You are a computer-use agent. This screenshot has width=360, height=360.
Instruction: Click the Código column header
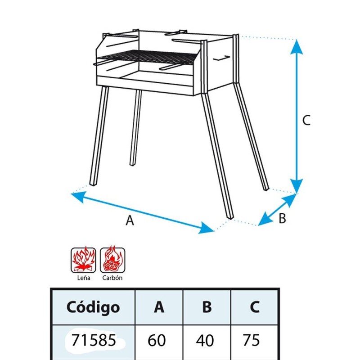[93, 307]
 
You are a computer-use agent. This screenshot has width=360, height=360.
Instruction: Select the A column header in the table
[159, 307]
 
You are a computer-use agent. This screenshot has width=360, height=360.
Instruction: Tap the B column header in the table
[207, 307]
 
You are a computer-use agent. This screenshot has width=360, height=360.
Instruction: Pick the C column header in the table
[255, 307]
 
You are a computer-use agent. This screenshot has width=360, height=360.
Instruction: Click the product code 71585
[94, 340]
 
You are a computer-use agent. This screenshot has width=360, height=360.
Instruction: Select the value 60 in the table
[157, 340]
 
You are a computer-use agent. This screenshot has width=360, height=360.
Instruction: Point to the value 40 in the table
[205, 340]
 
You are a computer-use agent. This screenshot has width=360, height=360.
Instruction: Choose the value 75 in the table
[251, 340]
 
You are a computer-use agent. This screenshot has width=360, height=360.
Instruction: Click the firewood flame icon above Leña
[83, 260]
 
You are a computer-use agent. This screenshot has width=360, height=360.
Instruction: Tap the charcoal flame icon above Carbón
[112, 260]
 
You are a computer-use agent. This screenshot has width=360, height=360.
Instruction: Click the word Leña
[84, 278]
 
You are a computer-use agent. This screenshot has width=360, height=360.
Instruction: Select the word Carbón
[112, 278]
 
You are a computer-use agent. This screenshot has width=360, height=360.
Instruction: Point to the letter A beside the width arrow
[130, 220]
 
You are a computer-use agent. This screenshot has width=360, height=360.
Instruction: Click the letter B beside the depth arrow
[282, 218]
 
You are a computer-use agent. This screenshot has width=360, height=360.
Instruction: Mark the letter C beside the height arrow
[306, 120]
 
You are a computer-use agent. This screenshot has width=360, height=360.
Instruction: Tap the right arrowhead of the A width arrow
[206, 228]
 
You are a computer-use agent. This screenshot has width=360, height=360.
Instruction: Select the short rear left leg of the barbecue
[136, 128]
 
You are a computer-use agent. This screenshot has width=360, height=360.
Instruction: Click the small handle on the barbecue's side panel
[222, 58]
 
